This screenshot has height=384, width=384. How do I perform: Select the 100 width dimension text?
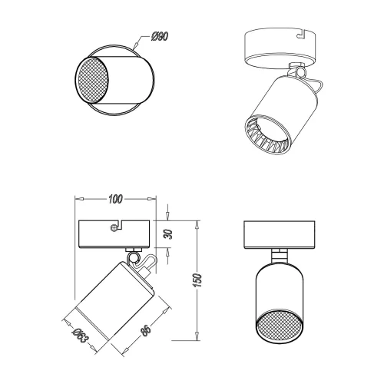point(115,200)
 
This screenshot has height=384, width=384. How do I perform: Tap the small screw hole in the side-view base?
point(114,227)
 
